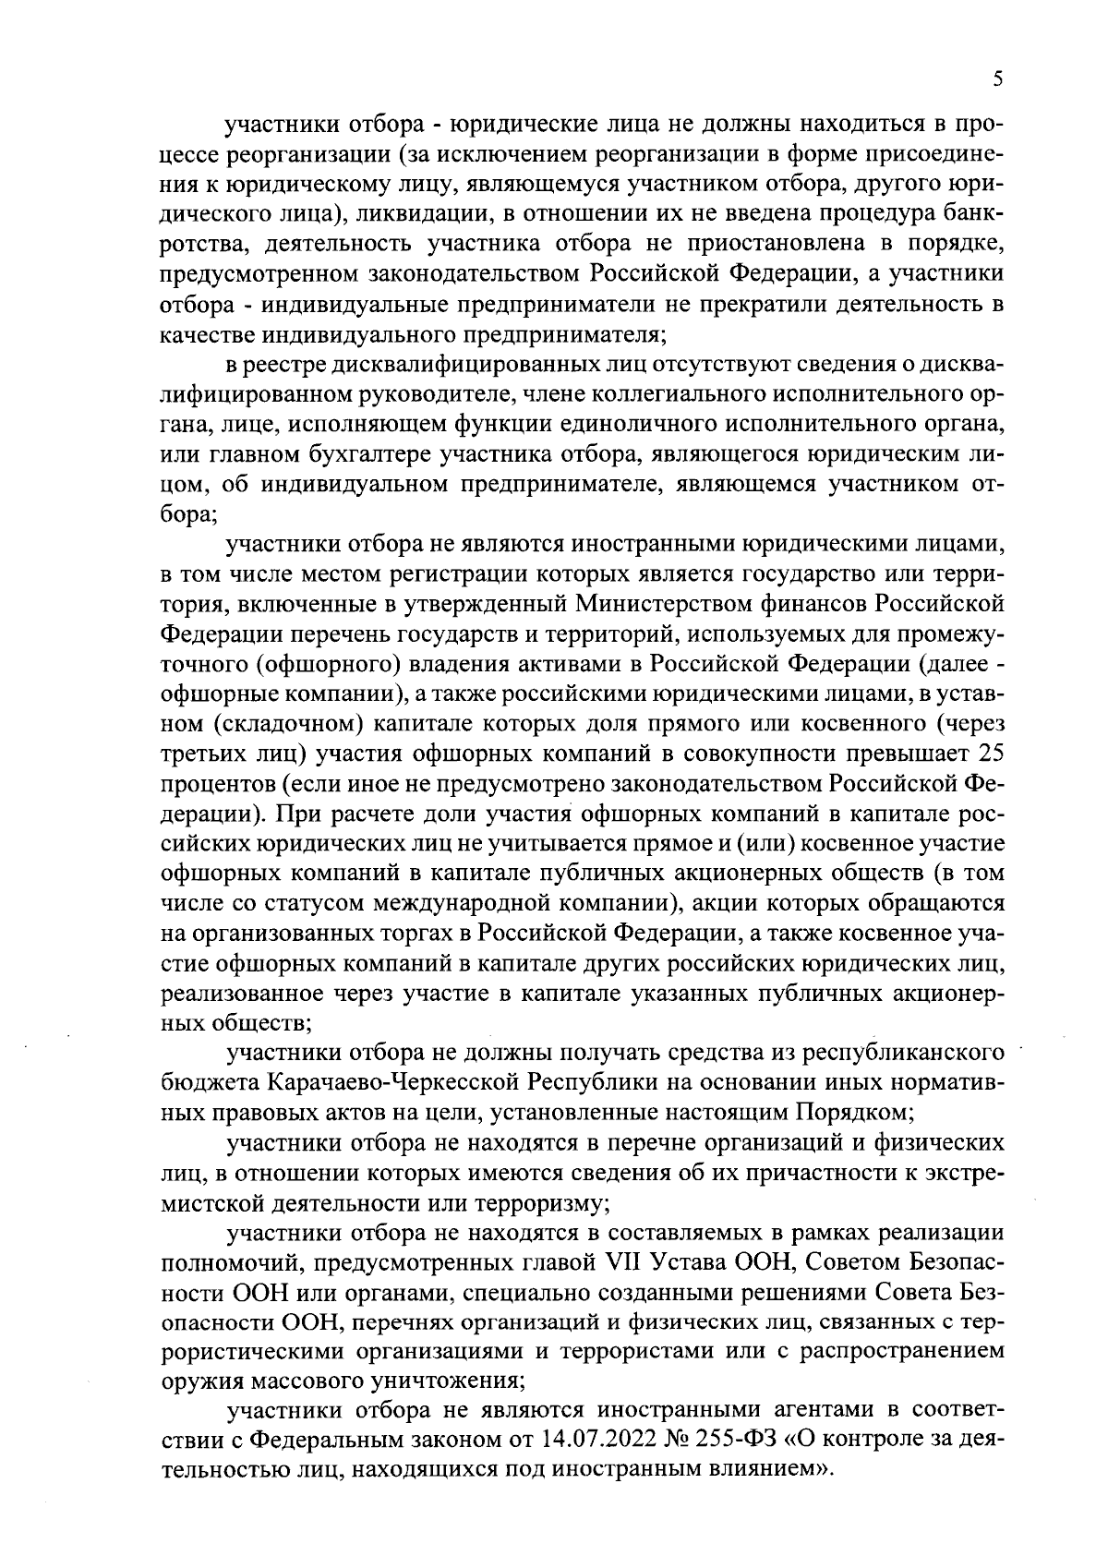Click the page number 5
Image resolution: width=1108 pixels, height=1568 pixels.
click(x=998, y=79)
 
